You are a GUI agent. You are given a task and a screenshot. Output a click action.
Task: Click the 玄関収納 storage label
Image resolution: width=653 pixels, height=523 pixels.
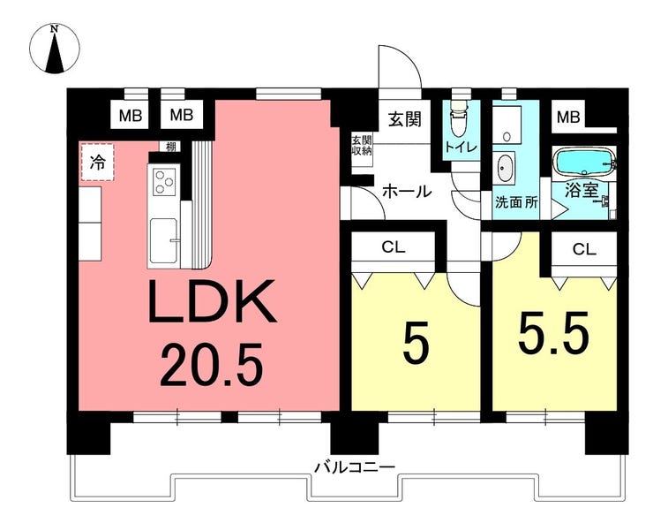pos(362,145)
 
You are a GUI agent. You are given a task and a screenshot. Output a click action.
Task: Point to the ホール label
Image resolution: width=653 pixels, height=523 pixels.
pos(407,190)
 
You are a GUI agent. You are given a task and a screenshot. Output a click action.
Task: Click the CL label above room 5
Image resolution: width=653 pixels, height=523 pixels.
pos(393,247)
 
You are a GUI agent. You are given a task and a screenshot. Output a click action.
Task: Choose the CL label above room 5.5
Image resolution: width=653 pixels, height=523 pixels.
pos(583,248)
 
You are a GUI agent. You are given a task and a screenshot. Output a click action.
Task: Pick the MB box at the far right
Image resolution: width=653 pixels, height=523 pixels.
pos(567,116)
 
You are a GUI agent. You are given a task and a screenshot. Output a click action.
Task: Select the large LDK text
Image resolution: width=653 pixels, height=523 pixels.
pos(212,303)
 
